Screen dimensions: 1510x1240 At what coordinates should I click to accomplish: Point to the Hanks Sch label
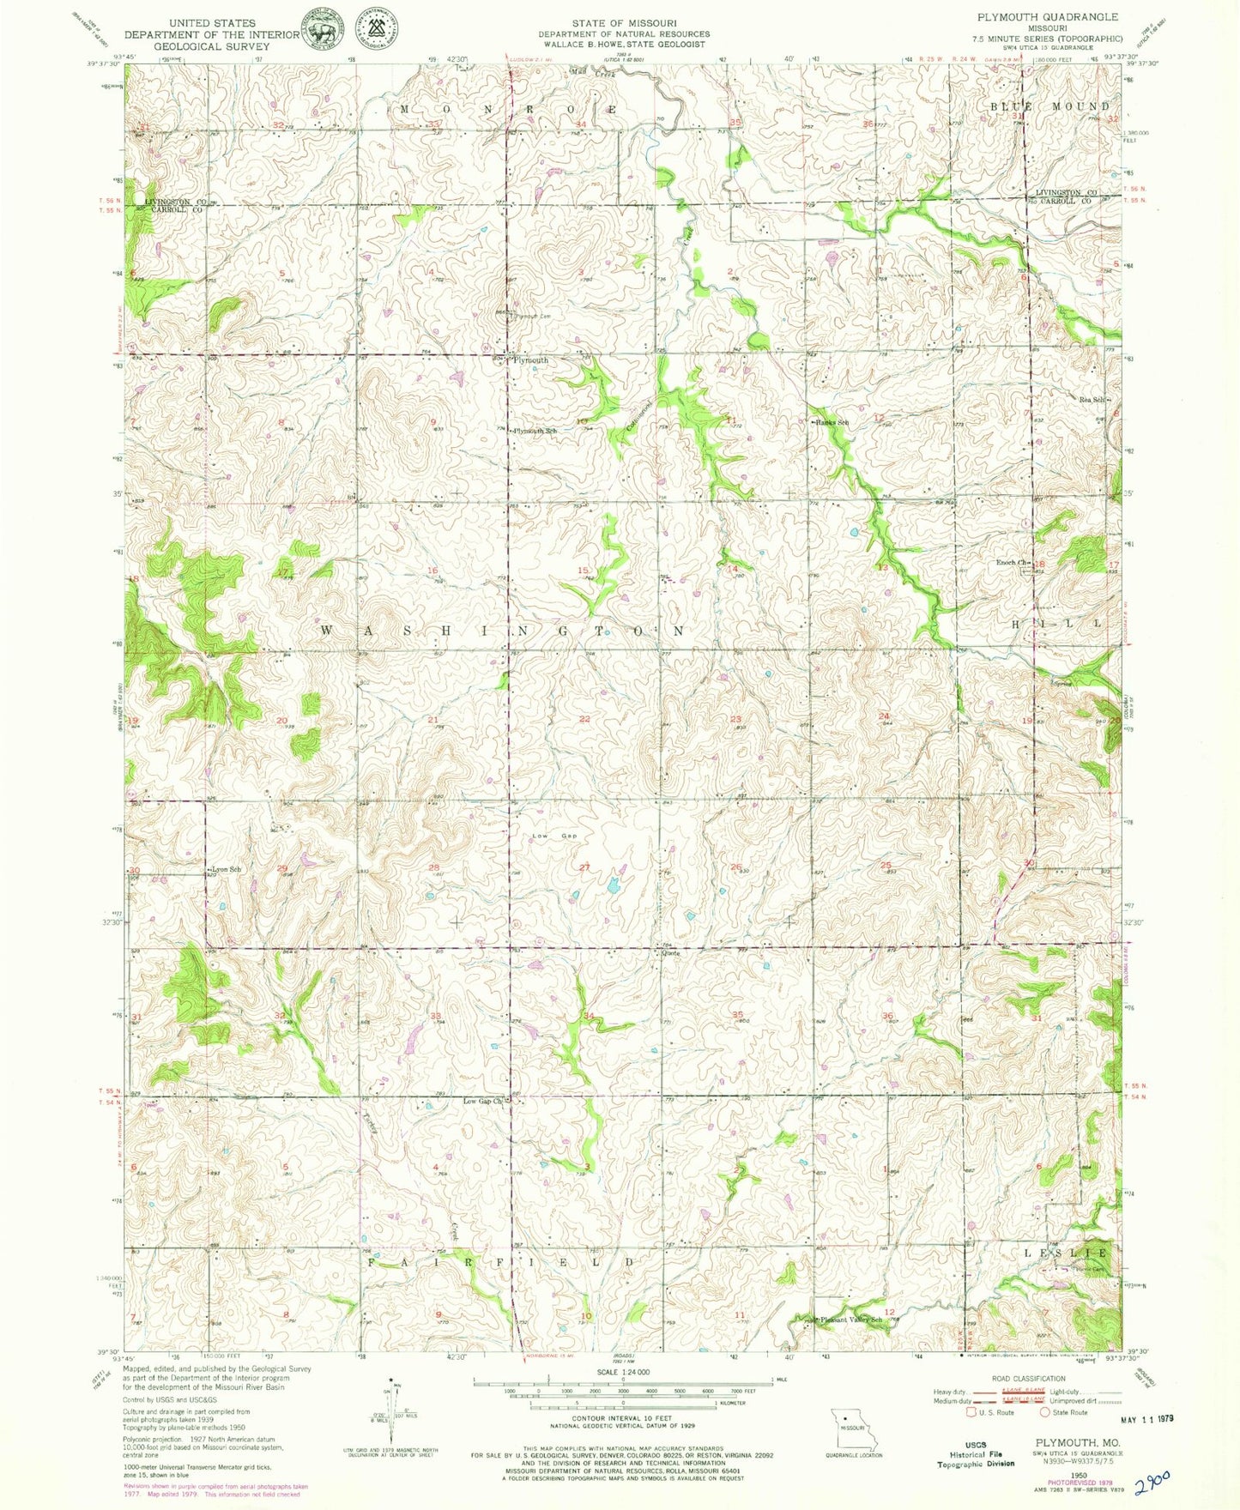[x=832, y=423]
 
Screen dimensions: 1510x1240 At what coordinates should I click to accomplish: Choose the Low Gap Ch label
[x=482, y=1101]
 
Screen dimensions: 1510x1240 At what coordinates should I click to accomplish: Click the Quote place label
[x=670, y=952]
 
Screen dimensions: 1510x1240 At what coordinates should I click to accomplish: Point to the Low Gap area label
[x=554, y=836]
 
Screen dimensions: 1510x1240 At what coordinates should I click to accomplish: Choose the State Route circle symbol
[x=1044, y=1411]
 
